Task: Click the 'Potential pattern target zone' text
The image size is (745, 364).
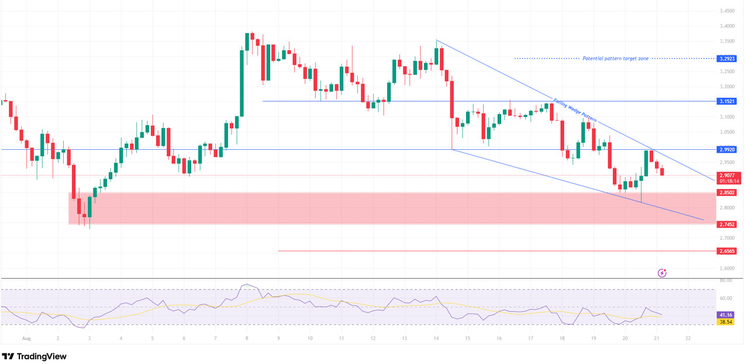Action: click(616, 59)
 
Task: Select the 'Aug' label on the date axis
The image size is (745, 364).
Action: click(25, 338)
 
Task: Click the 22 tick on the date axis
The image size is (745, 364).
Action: click(688, 338)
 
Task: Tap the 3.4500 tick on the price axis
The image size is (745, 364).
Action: click(727, 11)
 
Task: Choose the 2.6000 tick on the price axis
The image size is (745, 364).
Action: click(727, 269)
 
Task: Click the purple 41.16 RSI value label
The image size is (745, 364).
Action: click(725, 315)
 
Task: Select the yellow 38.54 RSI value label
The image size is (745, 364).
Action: click(725, 322)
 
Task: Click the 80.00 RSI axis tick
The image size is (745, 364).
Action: click(726, 280)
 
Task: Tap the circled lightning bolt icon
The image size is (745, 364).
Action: click(662, 273)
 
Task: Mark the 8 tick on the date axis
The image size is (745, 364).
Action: click(247, 338)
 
